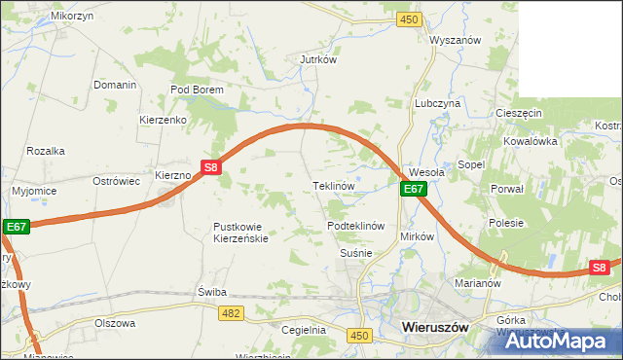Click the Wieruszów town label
point(434,329)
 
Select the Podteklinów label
point(357,225)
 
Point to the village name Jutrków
point(317,59)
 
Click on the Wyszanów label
point(457,41)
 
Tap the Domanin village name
point(115,85)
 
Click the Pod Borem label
point(197,90)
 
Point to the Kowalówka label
point(530,141)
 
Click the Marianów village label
point(477,284)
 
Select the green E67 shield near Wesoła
point(414,189)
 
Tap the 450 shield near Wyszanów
point(410,19)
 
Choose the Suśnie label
point(356,253)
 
